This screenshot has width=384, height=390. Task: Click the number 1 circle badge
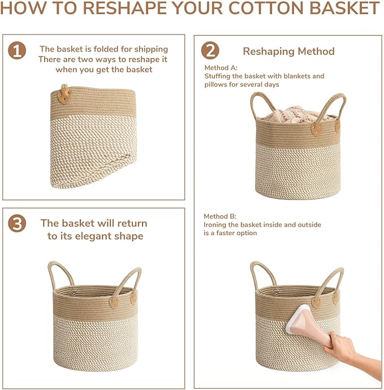click(17, 51)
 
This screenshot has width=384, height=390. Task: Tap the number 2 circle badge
click(210, 51)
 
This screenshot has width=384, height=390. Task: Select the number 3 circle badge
click(17, 224)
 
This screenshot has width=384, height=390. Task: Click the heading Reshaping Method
click(288, 51)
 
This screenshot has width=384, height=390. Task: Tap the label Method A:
click(221, 68)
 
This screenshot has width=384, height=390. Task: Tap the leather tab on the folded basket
click(66, 94)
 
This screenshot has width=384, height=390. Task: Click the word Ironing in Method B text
click(217, 225)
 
